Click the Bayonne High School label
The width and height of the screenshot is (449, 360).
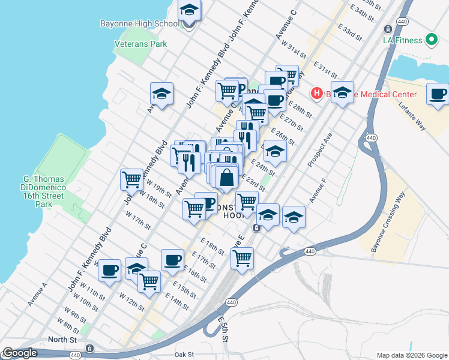point(139,24)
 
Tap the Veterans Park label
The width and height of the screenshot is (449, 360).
point(141,44)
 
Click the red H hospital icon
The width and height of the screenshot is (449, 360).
point(316,94)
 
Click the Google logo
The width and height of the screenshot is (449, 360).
point(20,353)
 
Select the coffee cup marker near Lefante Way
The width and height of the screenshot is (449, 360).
point(438,94)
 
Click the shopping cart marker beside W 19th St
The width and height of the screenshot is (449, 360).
point(131,179)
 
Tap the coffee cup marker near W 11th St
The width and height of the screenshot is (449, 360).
point(110,270)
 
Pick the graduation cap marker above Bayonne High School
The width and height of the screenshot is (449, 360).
point(189,10)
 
